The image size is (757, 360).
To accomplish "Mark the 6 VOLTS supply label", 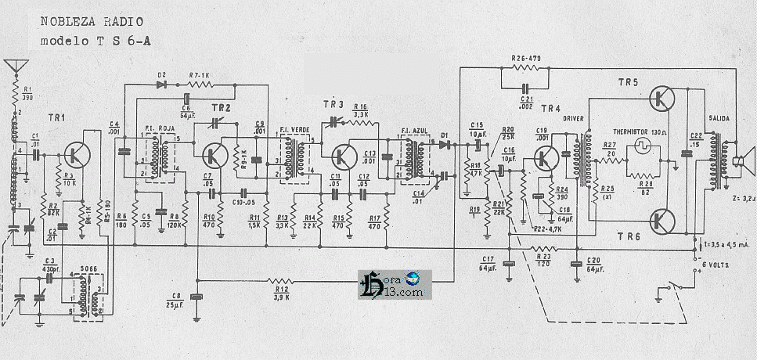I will point(717,265).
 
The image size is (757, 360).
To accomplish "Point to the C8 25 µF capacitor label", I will point(175,298).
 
